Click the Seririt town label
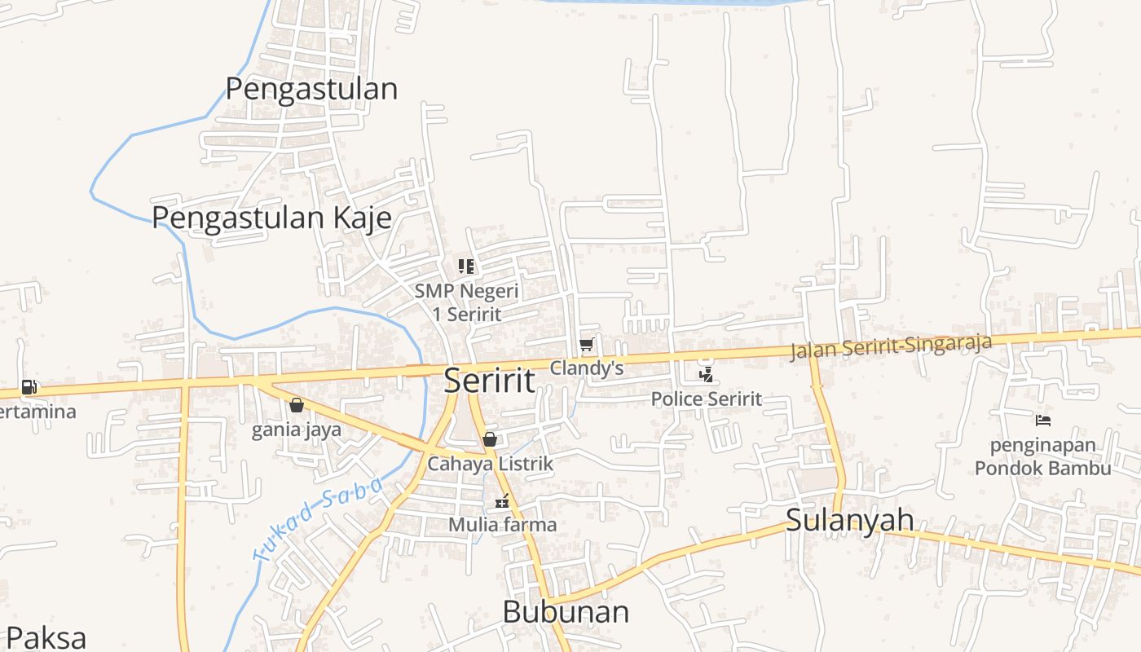point(489,381)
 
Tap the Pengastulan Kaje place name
point(271,218)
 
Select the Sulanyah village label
point(849,520)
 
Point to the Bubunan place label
point(566,611)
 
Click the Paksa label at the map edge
point(45,637)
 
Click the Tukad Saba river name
point(319,519)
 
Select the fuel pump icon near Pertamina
point(29,386)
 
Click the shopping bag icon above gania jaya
point(297,405)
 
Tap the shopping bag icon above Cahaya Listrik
point(490,439)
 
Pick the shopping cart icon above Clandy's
point(586,345)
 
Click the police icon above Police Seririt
point(707,375)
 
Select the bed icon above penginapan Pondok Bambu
point(1043,421)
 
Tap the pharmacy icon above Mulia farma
point(503,501)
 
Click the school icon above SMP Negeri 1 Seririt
point(466,266)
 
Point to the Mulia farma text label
point(503,524)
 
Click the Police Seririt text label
point(707,399)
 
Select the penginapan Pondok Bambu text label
point(1042,457)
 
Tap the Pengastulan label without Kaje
point(311,88)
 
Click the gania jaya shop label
point(297,430)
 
